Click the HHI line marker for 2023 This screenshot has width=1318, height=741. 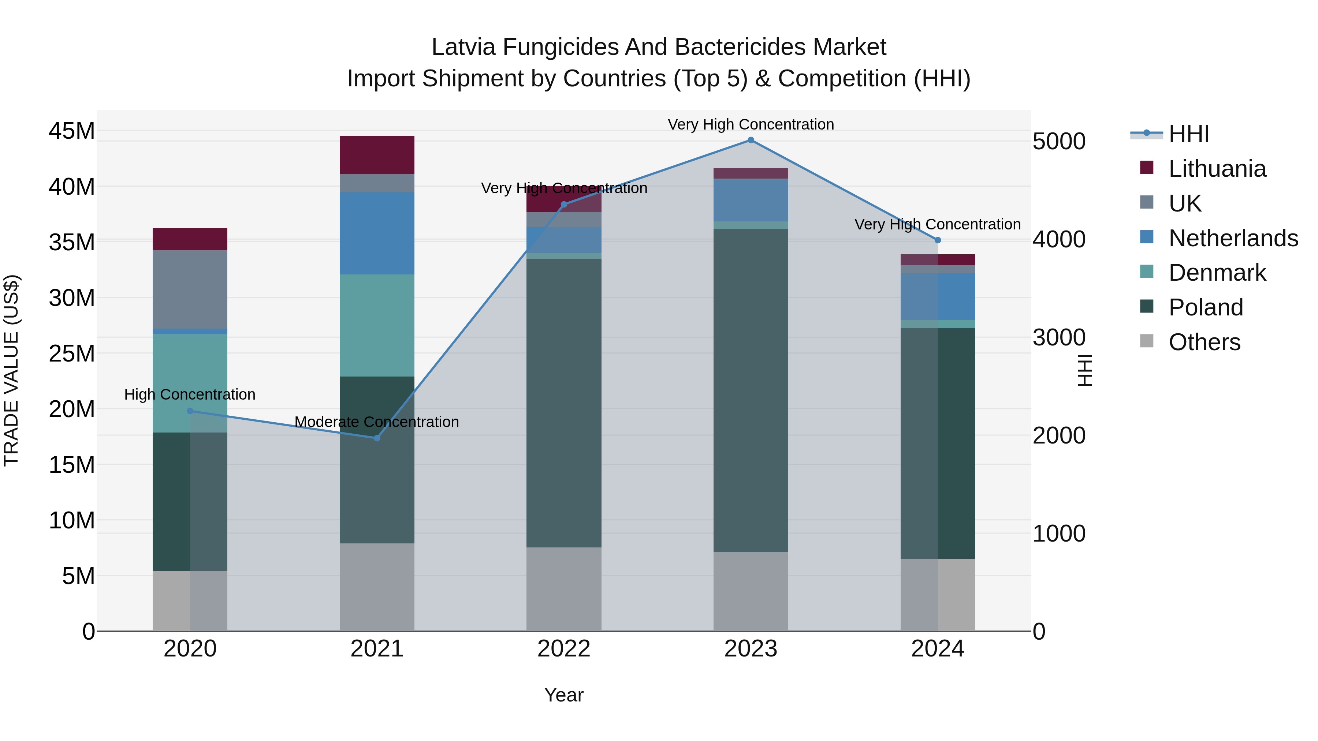pos(751,140)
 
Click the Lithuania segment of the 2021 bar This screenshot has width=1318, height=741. pos(377,155)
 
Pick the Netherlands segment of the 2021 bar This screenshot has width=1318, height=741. pos(377,233)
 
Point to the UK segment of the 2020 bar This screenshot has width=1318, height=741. pos(190,289)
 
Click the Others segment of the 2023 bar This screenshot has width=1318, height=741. pos(751,592)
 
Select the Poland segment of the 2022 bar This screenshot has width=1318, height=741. pos(564,403)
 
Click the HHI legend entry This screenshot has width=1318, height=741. pos(1188,134)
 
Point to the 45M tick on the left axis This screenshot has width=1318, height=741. pos(72,131)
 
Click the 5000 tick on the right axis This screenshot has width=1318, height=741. pos(1058,142)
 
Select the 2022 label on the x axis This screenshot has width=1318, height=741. pos(564,649)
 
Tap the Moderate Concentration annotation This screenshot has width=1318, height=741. pos(377,422)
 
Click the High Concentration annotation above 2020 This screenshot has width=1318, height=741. pos(190,395)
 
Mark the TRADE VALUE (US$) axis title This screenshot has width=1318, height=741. pos(11,370)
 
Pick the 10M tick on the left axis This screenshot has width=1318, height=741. pos(72,521)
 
